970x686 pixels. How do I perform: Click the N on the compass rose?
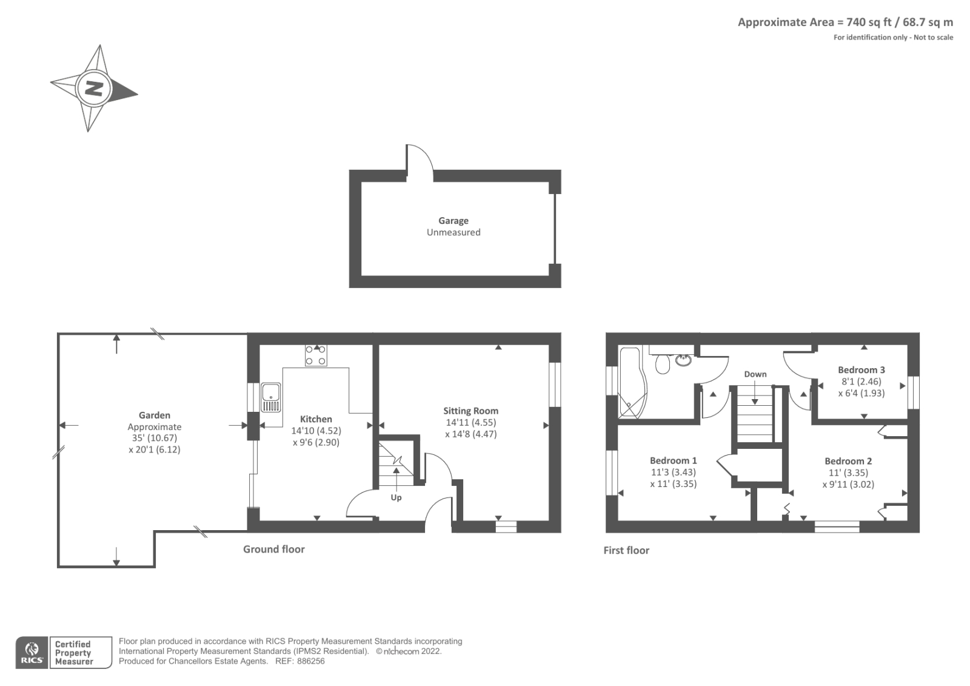pyautogui.click(x=93, y=89)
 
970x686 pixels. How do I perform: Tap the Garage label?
pyautogui.click(x=453, y=221)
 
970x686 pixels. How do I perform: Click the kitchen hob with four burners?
pyautogui.click(x=316, y=355)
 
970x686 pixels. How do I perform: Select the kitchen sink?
pyautogui.click(x=271, y=397)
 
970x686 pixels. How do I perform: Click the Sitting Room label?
pyautogui.click(x=470, y=411)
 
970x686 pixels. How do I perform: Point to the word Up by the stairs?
pyautogui.click(x=396, y=497)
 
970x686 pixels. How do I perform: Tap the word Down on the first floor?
pyautogui.click(x=755, y=374)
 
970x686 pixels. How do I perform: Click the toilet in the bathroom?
pyautogui.click(x=663, y=365)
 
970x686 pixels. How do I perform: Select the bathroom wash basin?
pyautogui.click(x=683, y=360)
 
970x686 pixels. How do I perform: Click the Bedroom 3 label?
pyautogui.click(x=861, y=369)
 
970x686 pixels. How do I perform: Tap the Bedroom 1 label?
pyautogui.click(x=673, y=460)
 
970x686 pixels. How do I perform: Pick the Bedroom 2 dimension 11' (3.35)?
pyautogui.click(x=848, y=472)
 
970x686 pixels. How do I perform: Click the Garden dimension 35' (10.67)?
pyautogui.click(x=154, y=438)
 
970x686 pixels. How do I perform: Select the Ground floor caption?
pyautogui.click(x=273, y=549)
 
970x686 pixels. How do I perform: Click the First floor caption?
pyautogui.click(x=626, y=550)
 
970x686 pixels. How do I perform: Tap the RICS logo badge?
pyautogui.click(x=32, y=653)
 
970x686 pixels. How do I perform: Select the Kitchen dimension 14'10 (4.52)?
pyautogui.click(x=316, y=431)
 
